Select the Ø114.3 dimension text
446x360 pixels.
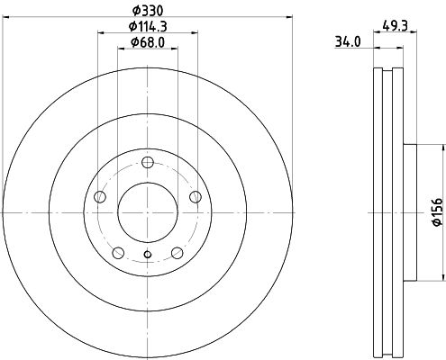148,27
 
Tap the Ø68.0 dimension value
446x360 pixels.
148,42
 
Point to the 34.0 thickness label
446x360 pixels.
346,40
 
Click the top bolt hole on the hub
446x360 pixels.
148,163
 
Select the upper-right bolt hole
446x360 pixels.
195,198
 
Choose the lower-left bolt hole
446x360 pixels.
118,253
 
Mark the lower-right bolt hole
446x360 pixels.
177,253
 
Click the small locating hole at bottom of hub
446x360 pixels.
148,255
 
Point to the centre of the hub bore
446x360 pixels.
148,213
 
